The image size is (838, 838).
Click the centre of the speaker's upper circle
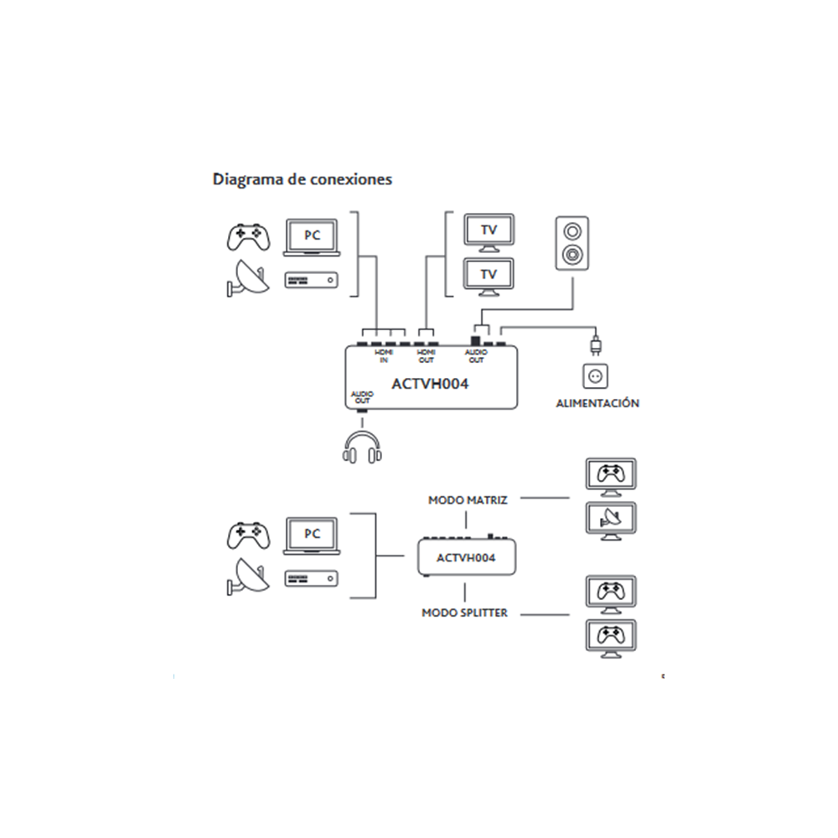[x=572, y=231]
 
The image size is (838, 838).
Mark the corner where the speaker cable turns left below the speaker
[x=572, y=309]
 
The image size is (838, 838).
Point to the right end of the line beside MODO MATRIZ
[x=569, y=498]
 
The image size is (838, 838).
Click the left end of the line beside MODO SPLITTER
[x=520, y=614]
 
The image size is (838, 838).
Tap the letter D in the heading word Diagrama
[x=219, y=179]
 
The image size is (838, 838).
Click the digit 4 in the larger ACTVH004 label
[x=463, y=384]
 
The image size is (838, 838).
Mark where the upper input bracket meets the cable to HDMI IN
[x=358, y=256]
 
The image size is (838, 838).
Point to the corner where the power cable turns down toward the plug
[x=595, y=327]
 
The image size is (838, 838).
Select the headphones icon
[x=362, y=447]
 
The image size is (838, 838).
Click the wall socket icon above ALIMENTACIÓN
[x=595, y=376]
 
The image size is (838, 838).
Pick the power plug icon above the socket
[x=595, y=345]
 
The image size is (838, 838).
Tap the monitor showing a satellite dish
[x=611, y=521]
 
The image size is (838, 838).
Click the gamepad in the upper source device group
[x=249, y=237]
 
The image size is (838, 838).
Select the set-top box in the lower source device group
[x=311, y=578]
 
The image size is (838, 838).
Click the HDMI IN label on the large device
[x=384, y=356]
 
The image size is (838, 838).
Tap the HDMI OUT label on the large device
[x=426, y=356]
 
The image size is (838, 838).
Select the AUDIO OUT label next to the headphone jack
[x=362, y=397]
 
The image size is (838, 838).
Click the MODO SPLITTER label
[x=464, y=613]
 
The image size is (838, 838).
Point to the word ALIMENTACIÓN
[x=597, y=403]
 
